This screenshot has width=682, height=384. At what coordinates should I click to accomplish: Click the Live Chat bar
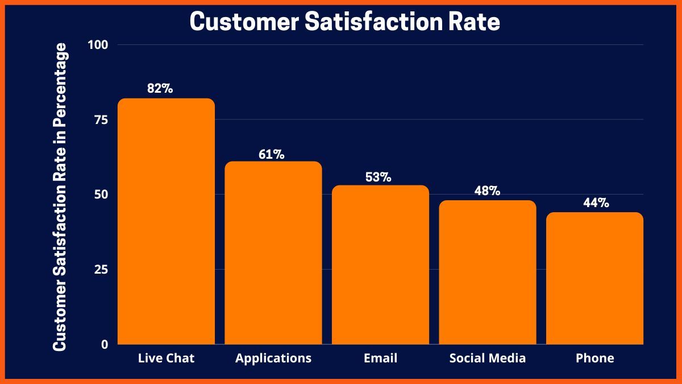(166, 222)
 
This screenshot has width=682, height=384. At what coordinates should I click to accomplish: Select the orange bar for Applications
(273, 253)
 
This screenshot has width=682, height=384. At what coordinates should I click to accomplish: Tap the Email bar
(380, 265)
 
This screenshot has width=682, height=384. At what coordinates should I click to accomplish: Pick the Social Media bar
(488, 272)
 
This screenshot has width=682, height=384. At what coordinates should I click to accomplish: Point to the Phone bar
(594, 279)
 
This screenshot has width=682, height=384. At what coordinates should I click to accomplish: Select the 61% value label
(272, 154)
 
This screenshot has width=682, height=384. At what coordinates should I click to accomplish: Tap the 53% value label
(378, 177)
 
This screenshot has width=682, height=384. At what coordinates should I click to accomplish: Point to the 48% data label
(487, 191)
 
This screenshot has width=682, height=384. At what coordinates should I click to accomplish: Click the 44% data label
(596, 203)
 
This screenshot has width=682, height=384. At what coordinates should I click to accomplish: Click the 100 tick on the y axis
(99, 44)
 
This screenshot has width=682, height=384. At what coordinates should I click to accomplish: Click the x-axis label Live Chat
(166, 358)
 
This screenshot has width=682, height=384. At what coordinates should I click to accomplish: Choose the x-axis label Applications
(273, 358)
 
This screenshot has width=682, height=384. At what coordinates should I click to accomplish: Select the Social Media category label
(488, 358)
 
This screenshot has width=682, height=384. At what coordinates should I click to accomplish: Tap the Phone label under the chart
(594, 358)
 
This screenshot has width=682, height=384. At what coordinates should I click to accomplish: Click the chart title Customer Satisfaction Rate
(345, 22)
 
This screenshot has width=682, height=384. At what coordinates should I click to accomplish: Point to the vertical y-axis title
(60, 196)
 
